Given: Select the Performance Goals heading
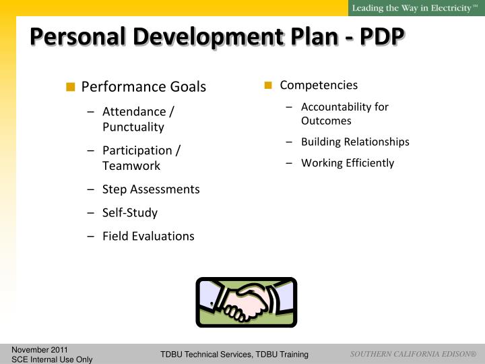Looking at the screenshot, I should click(x=143, y=87).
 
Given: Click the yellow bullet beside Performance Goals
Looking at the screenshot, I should click(x=71, y=87).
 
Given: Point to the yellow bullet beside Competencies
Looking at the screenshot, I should click(x=267, y=85).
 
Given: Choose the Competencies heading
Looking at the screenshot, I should click(x=319, y=85).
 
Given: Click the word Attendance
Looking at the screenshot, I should click(x=131, y=112).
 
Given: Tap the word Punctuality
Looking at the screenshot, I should click(x=133, y=127).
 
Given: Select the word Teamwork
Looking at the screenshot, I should click(x=131, y=165).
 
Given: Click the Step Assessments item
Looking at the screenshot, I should click(x=151, y=189).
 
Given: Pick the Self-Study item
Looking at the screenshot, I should click(x=129, y=212).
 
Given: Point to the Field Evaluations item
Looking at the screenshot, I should click(x=148, y=236).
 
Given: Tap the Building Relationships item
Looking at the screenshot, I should click(x=355, y=142).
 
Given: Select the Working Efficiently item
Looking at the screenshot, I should click(x=348, y=162).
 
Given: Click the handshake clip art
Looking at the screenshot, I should click(x=246, y=302).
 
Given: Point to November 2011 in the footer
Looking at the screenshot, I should click(x=40, y=350).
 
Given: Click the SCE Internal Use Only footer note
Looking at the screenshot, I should click(x=52, y=359).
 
